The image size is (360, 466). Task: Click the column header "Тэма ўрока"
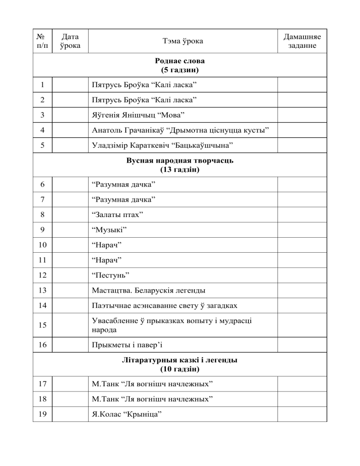point(183,41)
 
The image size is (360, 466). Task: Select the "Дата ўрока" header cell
point(70,41)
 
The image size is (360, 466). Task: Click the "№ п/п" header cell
point(42,41)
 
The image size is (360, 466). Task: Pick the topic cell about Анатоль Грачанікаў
point(182,130)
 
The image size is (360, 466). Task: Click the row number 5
point(42,145)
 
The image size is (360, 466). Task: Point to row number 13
point(42,290)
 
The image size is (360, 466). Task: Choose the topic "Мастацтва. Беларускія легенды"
point(150,290)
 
